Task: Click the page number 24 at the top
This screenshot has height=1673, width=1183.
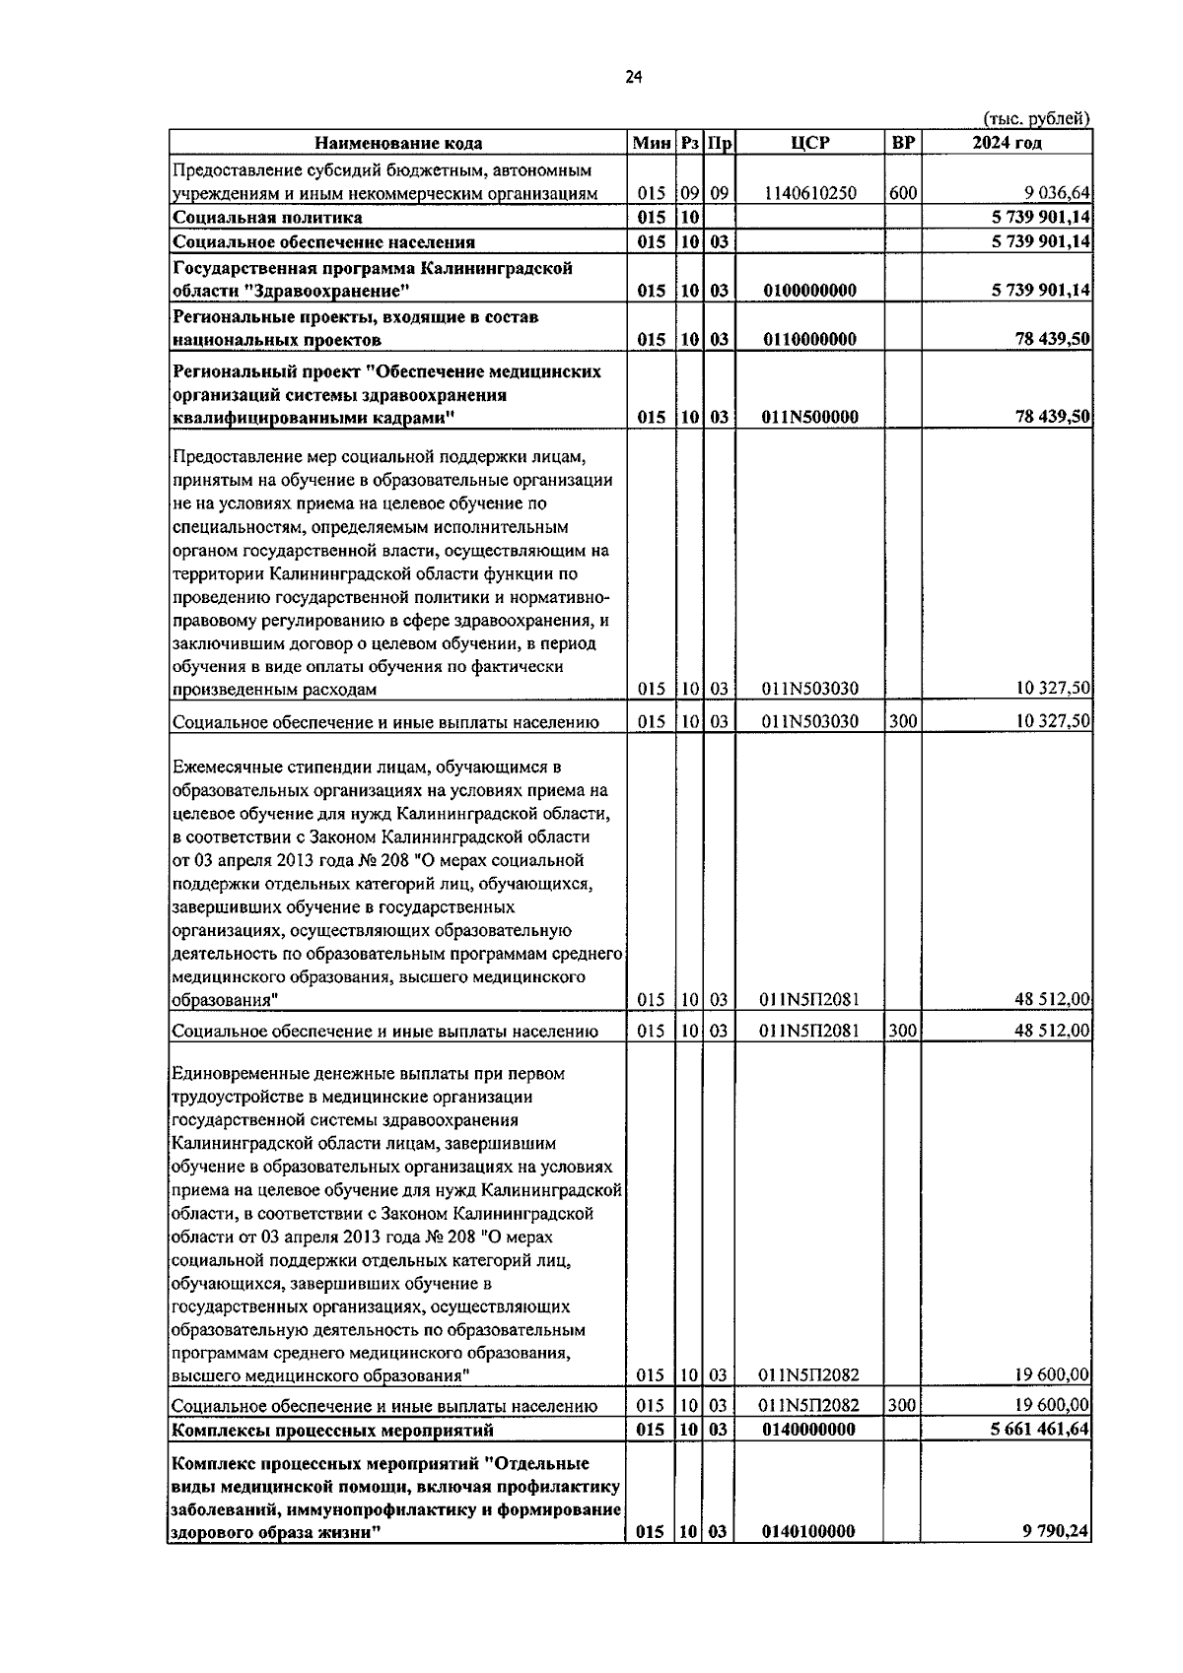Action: click(633, 79)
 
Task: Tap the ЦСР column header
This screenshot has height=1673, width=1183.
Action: click(809, 143)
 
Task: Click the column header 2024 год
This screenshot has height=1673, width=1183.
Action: click(1007, 143)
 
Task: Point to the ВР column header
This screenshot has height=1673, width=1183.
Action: click(902, 143)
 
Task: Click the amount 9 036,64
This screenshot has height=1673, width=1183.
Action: click(1058, 194)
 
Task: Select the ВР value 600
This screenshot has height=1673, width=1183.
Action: click(901, 194)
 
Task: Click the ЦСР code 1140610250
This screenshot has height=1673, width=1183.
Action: click(809, 194)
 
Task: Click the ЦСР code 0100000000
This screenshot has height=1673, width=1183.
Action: click(809, 291)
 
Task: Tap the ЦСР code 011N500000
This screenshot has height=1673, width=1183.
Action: click(809, 417)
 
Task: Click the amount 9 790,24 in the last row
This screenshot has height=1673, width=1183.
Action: click(1056, 1560)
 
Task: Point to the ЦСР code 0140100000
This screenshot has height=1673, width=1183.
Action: click(809, 1560)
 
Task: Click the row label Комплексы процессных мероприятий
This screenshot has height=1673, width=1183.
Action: click(333, 1430)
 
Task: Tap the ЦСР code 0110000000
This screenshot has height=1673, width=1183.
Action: click(809, 340)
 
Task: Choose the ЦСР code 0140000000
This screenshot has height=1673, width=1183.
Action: click(809, 1430)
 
